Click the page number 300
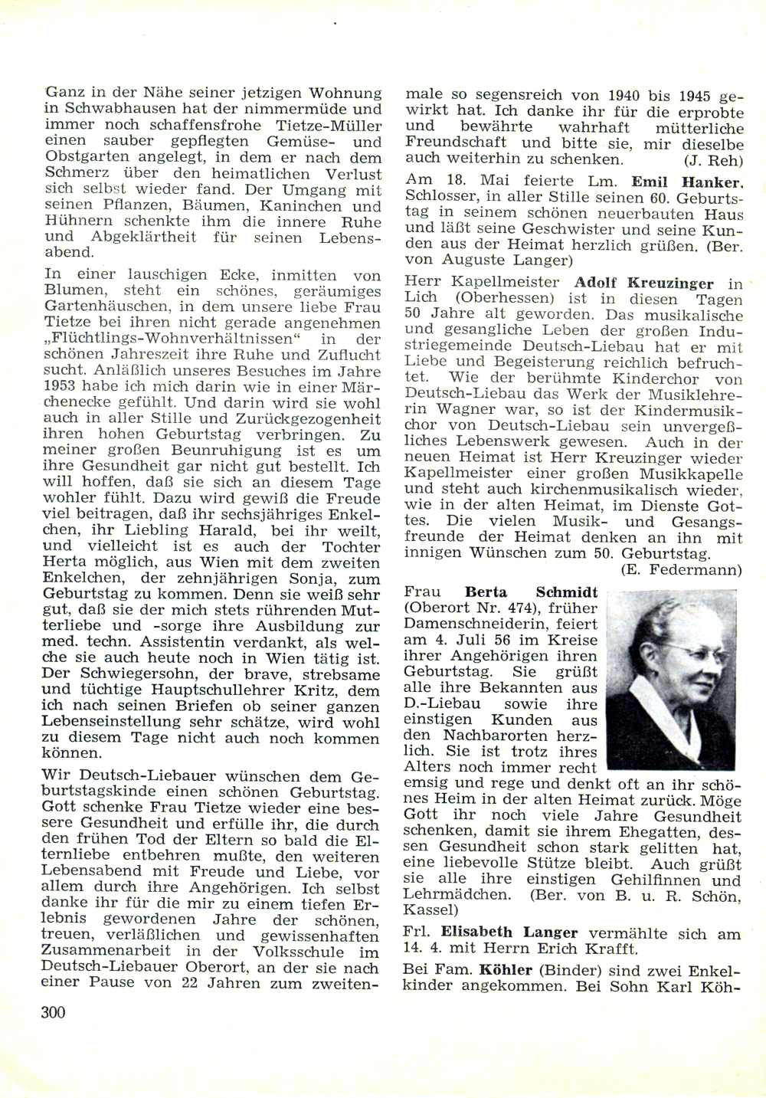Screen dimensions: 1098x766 pos(54,1012)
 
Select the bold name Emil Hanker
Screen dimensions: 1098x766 pos(687,182)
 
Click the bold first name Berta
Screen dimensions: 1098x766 pos(486,592)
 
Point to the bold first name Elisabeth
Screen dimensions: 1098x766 pos(476,932)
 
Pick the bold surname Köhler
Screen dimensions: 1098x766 pos(506,970)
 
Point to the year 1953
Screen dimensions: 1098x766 pos(60,386)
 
